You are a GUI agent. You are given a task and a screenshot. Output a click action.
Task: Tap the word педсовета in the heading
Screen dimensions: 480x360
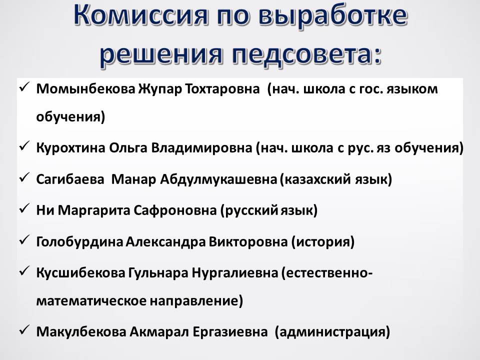pyautogui.click(x=306, y=54)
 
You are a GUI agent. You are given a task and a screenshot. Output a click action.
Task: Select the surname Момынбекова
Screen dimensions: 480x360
pyautogui.click(x=85, y=89)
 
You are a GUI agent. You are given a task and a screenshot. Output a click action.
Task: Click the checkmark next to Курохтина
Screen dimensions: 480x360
pyautogui.click(x=24, y=146)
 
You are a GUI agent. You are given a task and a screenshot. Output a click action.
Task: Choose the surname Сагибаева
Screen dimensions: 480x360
pyautogui.click(x=70, y=179)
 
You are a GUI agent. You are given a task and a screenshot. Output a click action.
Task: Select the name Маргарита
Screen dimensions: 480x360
pyautogui.click(x=93, y=210)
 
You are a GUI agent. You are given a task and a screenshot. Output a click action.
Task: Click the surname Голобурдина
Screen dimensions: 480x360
pyautogui.click(x=79, y=242)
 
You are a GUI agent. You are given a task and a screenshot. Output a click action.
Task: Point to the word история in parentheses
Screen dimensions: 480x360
pyautogui.click(x=323, y=242)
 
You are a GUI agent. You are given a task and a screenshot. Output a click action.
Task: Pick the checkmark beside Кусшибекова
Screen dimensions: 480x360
pyautogui.click(x=24, y=271)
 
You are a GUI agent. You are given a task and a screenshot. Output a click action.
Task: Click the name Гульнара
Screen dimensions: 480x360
pyautogui.click(x=158, y=273)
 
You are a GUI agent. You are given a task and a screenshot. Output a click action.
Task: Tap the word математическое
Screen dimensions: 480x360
pyautogui.click(x=91, y=301)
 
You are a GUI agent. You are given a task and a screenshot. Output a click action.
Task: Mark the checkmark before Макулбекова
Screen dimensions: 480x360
pyautogui.click(x=24, y=330)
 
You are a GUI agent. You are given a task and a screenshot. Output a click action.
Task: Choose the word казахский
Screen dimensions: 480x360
pyautogui.click(x=317, y=179)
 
